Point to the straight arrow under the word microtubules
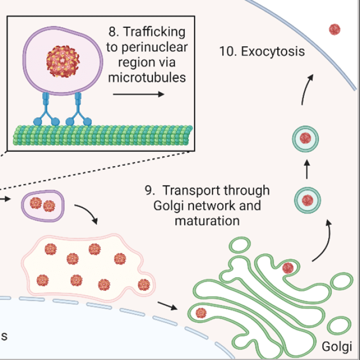[x=138, y=94]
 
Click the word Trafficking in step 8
[x=154, y=32]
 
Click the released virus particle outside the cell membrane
[x=334, y=29]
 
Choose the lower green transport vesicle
[x=307, y=200]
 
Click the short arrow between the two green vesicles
[x=307, y=170]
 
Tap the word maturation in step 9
[x=207, y=221]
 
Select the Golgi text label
[x=337, y=345]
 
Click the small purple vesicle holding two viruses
[x=42, y=204]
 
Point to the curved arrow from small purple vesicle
[x=86, y=213]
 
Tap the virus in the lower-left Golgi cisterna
[x=201, y=313]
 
